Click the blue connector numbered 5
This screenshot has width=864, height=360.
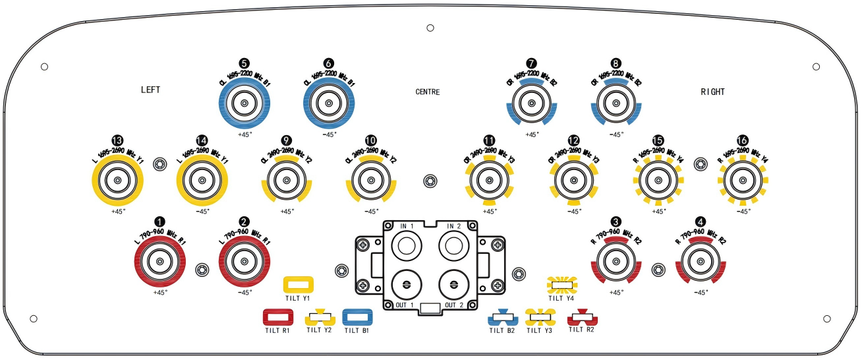tap(245, 104)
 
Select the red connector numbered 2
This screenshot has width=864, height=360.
tap(245, 262)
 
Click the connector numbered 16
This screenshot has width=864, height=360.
tap(743, 180)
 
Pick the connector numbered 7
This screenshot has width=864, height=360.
tap(532, 104)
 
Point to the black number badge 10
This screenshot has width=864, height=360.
tap(371, 140)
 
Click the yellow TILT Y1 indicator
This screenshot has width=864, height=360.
tap(298, 284)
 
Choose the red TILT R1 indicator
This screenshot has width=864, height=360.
tap(277, 317)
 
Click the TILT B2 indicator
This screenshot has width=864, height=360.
tap(502, 318)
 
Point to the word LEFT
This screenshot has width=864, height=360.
tap(151, 90)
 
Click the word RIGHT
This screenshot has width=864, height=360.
tap(712, 92)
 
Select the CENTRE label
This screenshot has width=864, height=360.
tap(428, 92)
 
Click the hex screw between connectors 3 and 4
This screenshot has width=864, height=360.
tap(657, 269)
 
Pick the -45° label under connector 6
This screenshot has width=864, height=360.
tap(329, 134)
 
